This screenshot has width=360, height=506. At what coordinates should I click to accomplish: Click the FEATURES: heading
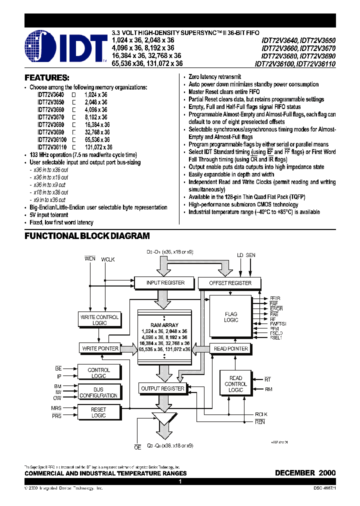pos(47,78)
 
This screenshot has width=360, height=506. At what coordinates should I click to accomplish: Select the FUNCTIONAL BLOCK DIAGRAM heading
pos(87,236)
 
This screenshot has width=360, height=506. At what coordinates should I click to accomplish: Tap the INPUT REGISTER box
pos(165,283)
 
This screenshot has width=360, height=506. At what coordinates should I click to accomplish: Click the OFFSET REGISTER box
pos(231,283)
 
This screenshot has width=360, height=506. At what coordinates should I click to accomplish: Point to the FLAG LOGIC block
pos(231,317)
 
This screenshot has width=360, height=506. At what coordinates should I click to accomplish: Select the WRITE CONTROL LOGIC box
pos(99,320)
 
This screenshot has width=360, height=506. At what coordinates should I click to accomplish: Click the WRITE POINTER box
pos(99,348)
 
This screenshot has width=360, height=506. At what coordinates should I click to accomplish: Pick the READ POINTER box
pos(230,348)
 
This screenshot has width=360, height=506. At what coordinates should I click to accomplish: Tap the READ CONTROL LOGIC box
pos(235,384)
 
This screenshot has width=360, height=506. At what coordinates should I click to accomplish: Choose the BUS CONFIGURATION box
pos(98,392)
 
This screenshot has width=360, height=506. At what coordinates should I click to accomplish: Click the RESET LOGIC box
pos(98,412)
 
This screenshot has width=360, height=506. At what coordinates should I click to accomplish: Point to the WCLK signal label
pos(108,259)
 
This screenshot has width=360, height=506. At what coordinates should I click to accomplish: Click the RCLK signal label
pos(261,414)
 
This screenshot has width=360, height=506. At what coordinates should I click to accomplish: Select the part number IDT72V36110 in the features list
pos(51,147)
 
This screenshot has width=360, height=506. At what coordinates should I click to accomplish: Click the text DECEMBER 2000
pos(305,472)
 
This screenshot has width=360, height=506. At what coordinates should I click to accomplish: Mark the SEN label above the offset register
pos(250,255)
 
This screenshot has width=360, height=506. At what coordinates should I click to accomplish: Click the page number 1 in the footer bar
pos(179,481)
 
